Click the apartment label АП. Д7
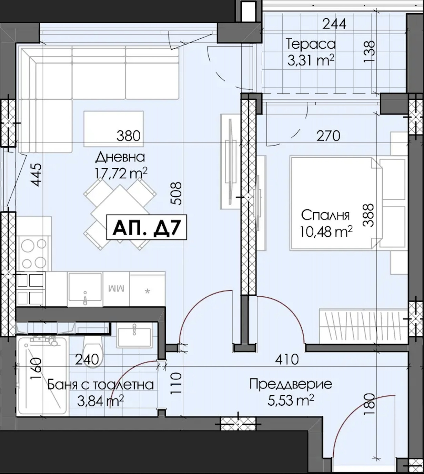click(147, 227)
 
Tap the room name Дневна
click(120, 157)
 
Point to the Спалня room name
click(325, 215)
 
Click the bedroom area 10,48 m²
click(326, 231)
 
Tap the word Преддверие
click(291, 384)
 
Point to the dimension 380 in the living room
click(129, 136)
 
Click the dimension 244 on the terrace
click(334, 24)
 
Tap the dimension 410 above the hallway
click(287, 359)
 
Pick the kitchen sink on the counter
click(85, 289)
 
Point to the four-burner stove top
click(33, 253)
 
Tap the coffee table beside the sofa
click(113, 129)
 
